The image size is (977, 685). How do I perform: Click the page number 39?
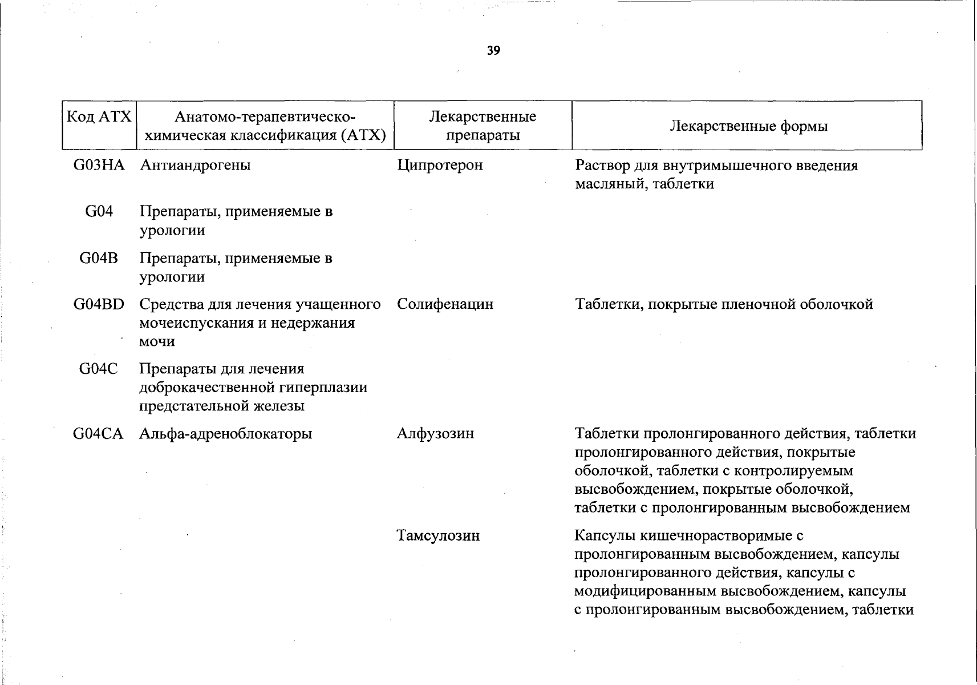[x=494, y=51]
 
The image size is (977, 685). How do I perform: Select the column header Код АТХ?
[x=99, y=117]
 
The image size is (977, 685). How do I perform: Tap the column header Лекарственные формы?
[x=748, y=126]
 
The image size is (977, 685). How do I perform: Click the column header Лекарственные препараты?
[x=483, y=126]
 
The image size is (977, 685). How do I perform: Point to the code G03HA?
[x=99, y=166]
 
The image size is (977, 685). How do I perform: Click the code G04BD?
[x=99, y=304]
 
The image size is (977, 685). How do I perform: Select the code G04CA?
[x=98, y=434]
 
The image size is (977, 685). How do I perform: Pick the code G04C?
[x=98, y=369]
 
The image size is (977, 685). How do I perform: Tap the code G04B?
[x=98, y=259]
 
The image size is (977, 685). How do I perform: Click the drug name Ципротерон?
[x=440, y=166]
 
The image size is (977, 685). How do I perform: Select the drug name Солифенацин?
[x=445, y=304]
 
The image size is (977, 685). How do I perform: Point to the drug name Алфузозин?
[x=435, y=434]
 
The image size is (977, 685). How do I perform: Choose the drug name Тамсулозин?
[x=438, y=536]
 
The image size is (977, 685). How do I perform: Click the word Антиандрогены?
[x=195, y=166]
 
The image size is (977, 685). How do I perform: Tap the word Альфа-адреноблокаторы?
[x=226, y=434]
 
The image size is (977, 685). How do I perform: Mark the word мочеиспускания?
[x=196, y=323]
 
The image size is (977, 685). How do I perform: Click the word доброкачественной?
[x=208, y=388]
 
